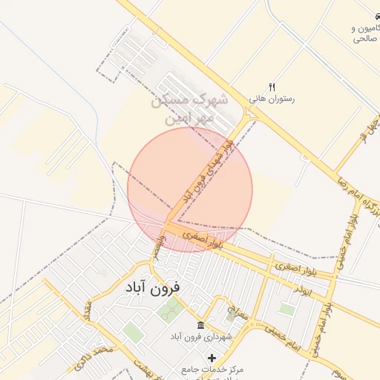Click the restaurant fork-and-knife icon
[272, 87]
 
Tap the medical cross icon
[212, 358]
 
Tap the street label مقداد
[88, 307]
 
